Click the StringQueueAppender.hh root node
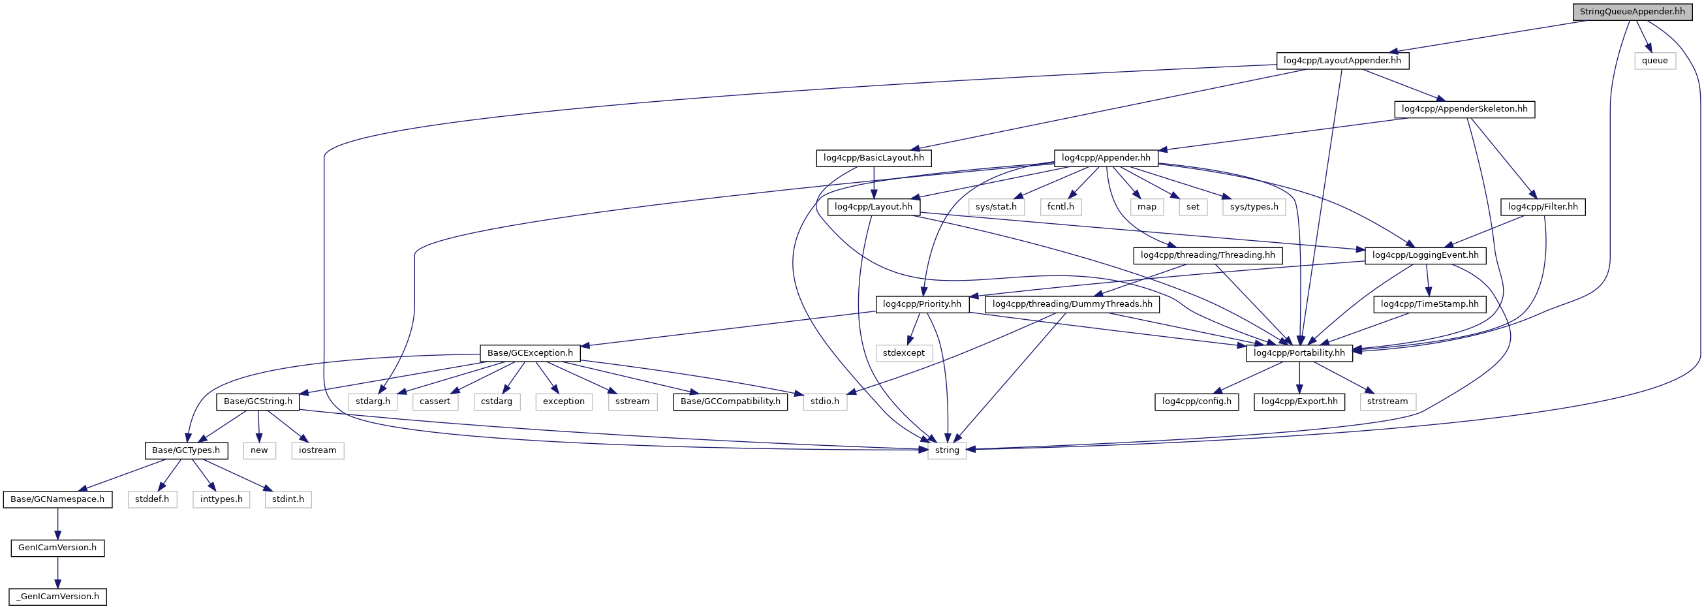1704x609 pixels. [1632, 11]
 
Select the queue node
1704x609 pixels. [1654, 60]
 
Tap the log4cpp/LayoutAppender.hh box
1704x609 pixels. [1342, 60]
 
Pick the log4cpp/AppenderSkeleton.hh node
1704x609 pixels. [1464, 108]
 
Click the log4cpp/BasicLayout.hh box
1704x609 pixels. [873, 157]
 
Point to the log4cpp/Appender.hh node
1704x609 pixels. [1106, 157]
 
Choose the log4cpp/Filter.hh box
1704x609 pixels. [1543, 206]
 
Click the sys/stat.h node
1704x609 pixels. [995, 206]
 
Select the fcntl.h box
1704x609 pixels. [1061, 206]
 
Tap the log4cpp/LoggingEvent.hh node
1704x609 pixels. [1425, 255]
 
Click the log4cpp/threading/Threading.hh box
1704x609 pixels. [1207, 255]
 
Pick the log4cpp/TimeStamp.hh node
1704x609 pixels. [1429, 304]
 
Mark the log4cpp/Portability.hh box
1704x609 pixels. [1299, 353]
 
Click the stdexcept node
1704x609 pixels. [904, 353]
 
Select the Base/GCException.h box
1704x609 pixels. [530, 353]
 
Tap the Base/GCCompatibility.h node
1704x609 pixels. [730, 401]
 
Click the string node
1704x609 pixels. [946, 450]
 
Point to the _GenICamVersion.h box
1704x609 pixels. [57, 597]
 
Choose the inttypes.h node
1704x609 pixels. [221, 499]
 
